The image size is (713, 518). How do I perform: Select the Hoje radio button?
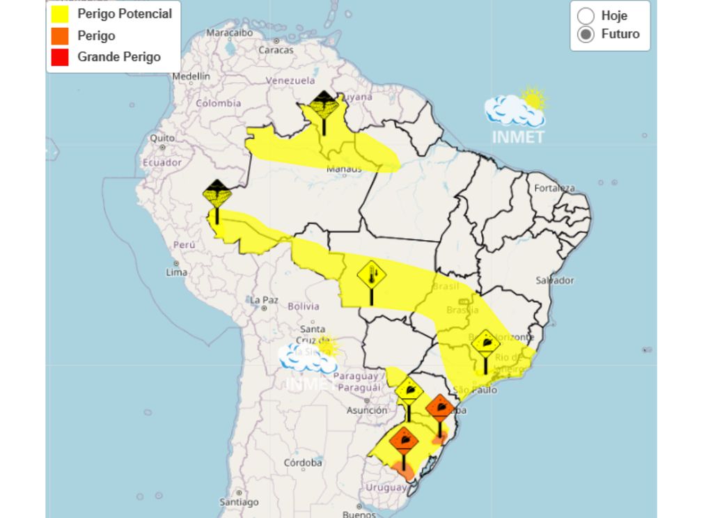point(586,16)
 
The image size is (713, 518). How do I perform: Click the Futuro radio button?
point(586,34)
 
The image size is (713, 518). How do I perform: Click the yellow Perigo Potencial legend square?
point(60,14)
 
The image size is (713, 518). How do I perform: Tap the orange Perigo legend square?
point(60,36)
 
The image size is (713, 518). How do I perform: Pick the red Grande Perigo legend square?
point(60,57)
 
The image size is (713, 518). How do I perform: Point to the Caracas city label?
point(276,50)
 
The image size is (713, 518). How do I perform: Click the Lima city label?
point(176,272)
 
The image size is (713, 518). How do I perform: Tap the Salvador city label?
point(555,280)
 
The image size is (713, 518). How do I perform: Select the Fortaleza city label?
point(555,188)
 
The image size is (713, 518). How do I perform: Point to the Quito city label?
point(162,138)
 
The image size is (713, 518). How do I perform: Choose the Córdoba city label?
point(303,462)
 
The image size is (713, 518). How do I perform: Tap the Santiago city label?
point(239,501)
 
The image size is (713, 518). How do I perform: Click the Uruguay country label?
point(386,487)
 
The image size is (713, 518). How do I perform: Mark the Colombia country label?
point(218,103)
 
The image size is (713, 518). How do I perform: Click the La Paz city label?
point(264,300)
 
